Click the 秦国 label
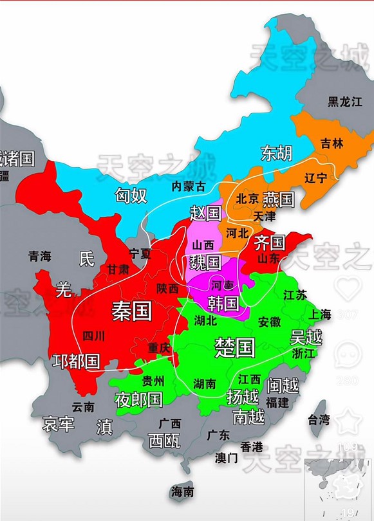pos(131,312)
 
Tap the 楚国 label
pos(235,347)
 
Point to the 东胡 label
pos(276,153)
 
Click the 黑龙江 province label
pos(345,101)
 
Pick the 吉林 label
pos(332,143)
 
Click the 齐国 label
pos(269,242)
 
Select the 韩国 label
pos(223,302)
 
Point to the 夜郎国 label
pos(138,400)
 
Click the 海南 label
pos(182,492)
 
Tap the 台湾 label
pos(319,420)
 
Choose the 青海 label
pos(39,256)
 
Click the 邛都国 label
pos(76,361)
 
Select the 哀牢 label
pos(58,425)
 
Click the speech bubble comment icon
pos(349,353)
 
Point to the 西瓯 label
pos(164,441)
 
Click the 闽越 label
pos(283,385)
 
